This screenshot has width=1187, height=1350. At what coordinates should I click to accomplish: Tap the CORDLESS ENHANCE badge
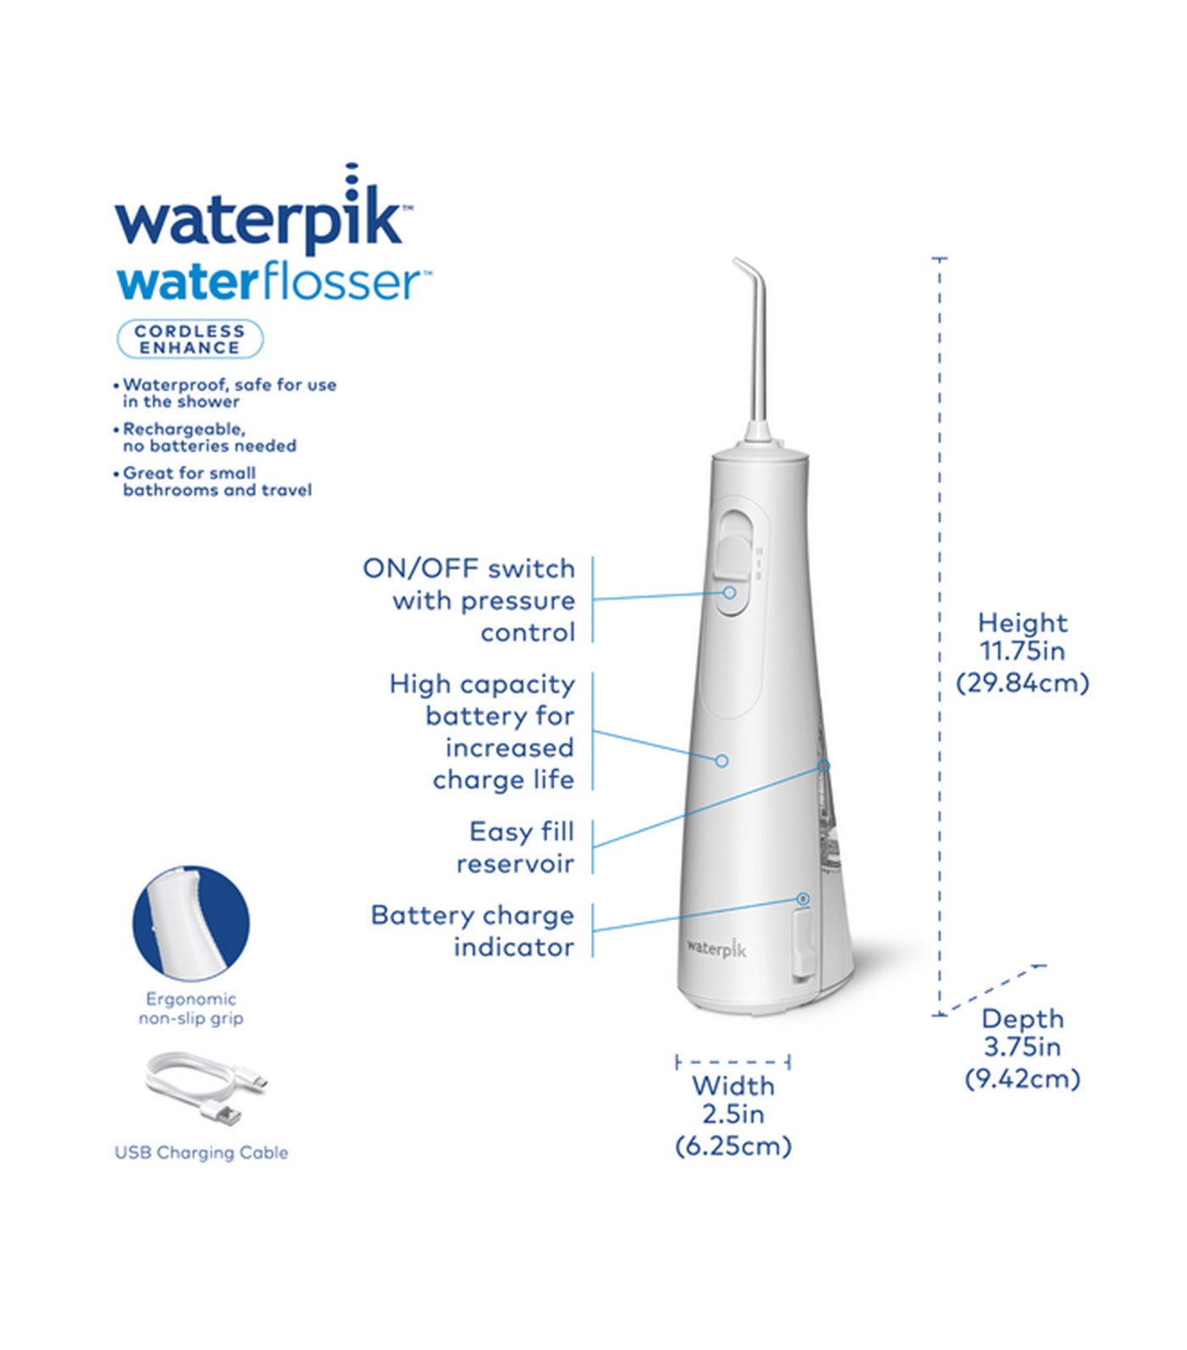[190, 339]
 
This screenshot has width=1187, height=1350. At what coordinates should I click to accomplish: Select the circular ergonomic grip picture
[191, 923]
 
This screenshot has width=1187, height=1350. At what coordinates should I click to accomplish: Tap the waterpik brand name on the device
[716, 948]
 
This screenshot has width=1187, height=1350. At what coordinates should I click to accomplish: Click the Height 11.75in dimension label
[1023, 652]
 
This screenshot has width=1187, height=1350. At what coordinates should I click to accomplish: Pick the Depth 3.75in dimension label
[1023, 1048]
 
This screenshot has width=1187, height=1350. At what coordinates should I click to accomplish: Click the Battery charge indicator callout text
[473, 931]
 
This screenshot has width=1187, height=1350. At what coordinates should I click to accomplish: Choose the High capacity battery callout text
[482, 731]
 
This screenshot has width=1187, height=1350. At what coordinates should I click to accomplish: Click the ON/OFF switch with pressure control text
[470, 600]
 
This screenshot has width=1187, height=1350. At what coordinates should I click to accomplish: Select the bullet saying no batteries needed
[209, 438]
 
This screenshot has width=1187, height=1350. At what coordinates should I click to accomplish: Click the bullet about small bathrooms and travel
[217, 482]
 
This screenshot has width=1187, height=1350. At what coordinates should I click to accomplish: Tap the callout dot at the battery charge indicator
[803, 898]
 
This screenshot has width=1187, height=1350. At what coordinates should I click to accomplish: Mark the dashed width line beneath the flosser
[733, 1062]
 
